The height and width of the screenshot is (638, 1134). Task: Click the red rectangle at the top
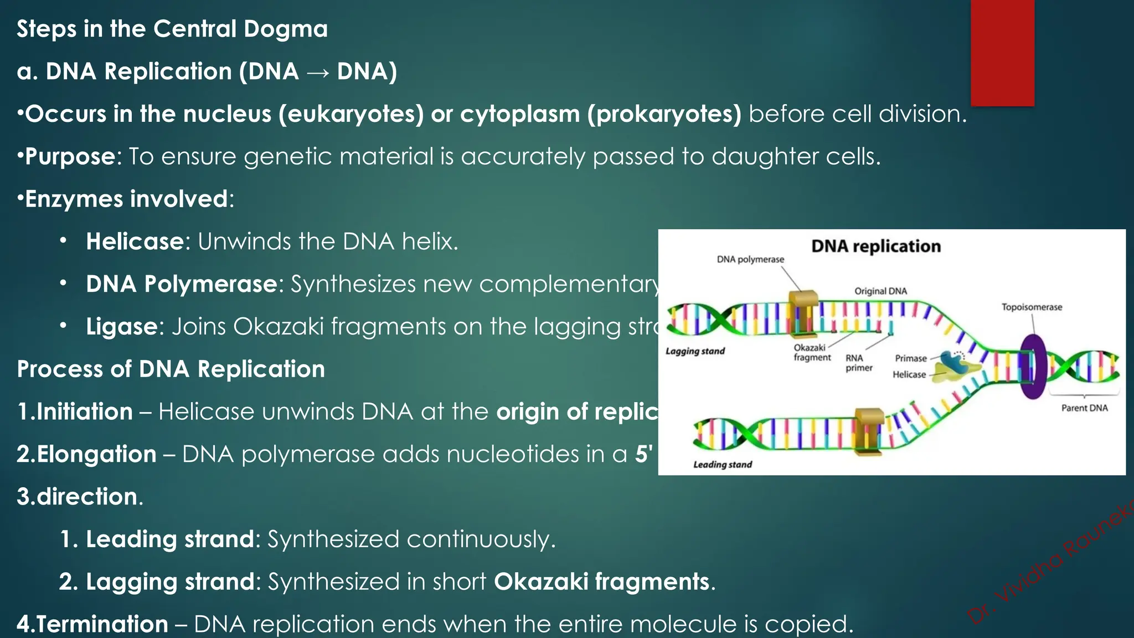[x=1002, y=53]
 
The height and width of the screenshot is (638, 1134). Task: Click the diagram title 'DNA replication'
[x=876, y=246]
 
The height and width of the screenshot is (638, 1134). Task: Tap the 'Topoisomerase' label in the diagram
[x=1032, y=307]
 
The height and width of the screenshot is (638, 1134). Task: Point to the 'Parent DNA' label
[x=1084, y=408]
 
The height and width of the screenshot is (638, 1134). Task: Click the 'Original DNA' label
[x=880, y=291]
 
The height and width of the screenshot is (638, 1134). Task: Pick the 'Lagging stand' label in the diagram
[x=695, y=351]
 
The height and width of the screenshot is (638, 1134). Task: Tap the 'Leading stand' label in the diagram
[x=723, y=465]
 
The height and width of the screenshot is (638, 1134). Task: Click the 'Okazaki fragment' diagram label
[x=812, y=353]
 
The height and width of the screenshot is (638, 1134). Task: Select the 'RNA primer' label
[x=858, y=363]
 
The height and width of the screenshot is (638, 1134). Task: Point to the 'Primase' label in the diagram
[x=911, y=358]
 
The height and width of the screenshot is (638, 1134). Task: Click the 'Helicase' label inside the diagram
[x=909, y=375]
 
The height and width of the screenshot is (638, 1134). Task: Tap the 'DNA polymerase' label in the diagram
[x=750, y=259]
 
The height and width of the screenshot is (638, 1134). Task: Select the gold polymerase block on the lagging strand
[x=803, y=313]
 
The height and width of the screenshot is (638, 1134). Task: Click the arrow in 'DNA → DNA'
[x=317, y=73]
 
